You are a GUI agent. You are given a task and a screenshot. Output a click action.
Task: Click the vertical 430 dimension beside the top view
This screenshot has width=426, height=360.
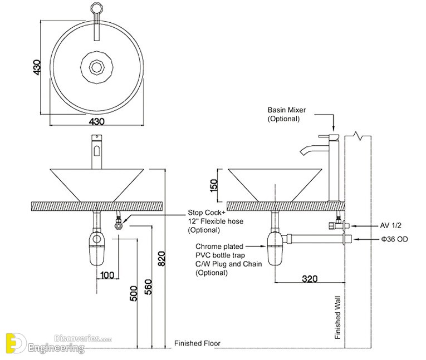click(37, 67)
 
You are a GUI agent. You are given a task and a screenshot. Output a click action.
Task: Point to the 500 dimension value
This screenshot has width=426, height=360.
click(133, 293)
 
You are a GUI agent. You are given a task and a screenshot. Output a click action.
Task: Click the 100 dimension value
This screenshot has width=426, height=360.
click(107, 275)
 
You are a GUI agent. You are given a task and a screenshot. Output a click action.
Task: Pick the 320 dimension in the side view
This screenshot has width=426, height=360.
click(310, 279)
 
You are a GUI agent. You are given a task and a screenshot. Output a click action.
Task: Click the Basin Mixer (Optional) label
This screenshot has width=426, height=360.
click(286, 115)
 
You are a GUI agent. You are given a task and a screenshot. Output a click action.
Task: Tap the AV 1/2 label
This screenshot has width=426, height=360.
click(390, 226)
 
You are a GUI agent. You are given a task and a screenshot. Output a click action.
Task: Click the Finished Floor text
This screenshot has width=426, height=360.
click(197, 343)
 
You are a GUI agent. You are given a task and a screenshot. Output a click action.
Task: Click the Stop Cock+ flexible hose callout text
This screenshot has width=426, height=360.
click(215, 221)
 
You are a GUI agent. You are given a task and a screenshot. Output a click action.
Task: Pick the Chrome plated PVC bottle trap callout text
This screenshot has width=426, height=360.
click(219, 259)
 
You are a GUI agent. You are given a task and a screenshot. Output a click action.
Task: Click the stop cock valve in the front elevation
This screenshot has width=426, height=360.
click(118, 224)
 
